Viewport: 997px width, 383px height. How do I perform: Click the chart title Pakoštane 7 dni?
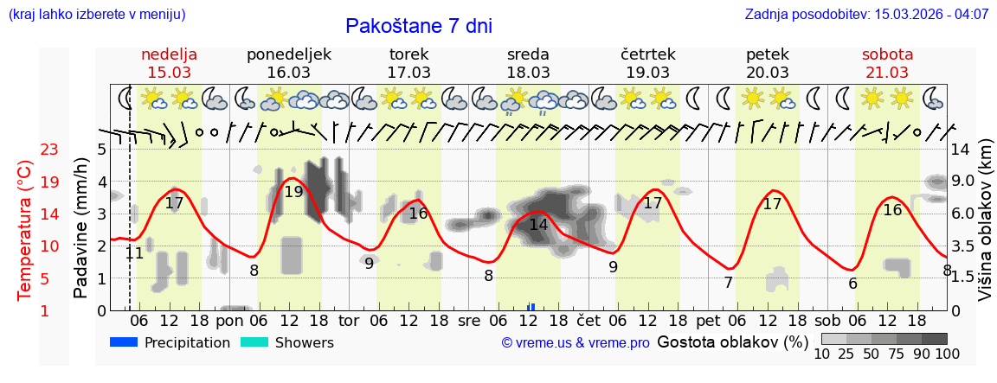tap(418, 26)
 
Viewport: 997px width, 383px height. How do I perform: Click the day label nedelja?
tap(170, 54)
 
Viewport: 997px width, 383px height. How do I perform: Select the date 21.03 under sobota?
tap(887, 73)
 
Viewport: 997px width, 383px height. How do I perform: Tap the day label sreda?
tap(528, 54)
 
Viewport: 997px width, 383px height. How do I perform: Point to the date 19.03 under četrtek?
tap(648, 73)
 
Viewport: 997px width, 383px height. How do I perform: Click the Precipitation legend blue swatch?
tap(125, 342)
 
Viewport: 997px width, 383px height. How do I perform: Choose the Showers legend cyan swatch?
tap(254, 342)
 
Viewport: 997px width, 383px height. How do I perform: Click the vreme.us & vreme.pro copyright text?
tap(576, 343)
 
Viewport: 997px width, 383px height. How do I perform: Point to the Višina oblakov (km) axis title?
tap(985, 228)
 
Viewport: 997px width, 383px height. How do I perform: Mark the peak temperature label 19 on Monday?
tap(293, 191)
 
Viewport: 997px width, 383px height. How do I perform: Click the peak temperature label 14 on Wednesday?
tap(538, 224)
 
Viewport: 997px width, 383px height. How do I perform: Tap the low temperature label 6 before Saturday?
tap(852, 284)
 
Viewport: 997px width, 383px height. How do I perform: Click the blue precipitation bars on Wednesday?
tap(531, 306)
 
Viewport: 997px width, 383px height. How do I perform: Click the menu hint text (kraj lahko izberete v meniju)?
tap(96, 15)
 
